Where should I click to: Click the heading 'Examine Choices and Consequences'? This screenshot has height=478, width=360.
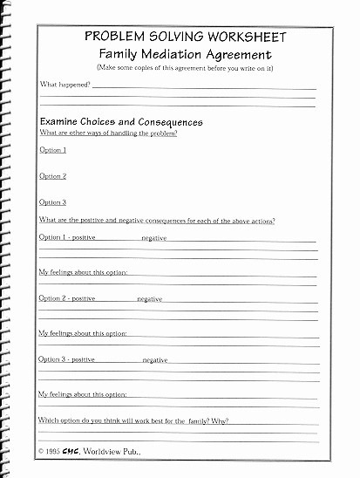coord(121,123)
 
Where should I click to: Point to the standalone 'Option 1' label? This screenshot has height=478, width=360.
coord(53,150)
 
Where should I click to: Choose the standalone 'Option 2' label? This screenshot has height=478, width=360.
coord(53,176)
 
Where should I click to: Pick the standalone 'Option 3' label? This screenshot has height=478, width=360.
coord(53,202)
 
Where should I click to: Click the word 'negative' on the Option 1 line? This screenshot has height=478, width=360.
coord(154,238)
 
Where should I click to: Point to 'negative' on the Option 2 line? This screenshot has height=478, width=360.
coord(150,299)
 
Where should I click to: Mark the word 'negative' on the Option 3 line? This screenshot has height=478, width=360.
coord(155,360)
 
